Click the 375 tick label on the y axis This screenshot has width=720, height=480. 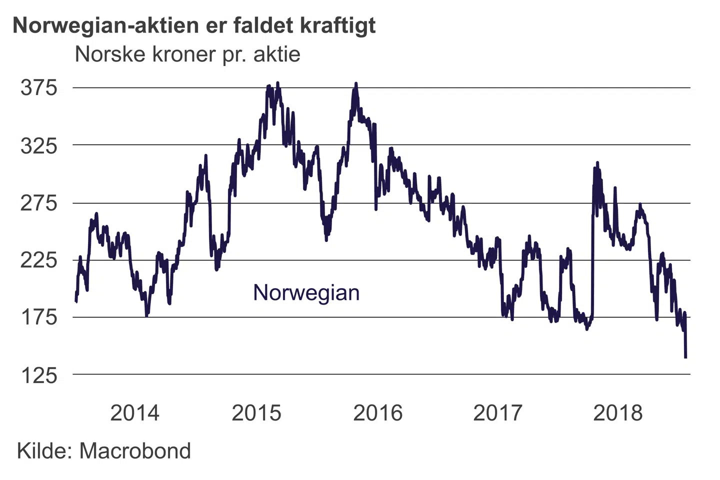39,88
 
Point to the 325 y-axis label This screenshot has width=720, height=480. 39,146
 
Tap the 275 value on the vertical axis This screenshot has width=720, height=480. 39,203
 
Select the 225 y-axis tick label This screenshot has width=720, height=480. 39,260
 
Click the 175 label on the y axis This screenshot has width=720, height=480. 39,317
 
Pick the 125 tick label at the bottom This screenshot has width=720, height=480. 39,375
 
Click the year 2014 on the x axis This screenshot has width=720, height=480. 134,413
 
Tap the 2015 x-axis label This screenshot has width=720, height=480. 256,413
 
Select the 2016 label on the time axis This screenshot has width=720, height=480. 377,413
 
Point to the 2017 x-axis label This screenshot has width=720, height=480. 497,413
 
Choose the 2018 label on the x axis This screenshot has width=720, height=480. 617,413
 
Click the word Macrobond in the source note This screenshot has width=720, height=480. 135,451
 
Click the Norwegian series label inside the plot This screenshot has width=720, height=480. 306,292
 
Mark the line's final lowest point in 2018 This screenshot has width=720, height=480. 685,357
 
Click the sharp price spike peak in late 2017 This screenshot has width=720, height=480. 597,163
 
